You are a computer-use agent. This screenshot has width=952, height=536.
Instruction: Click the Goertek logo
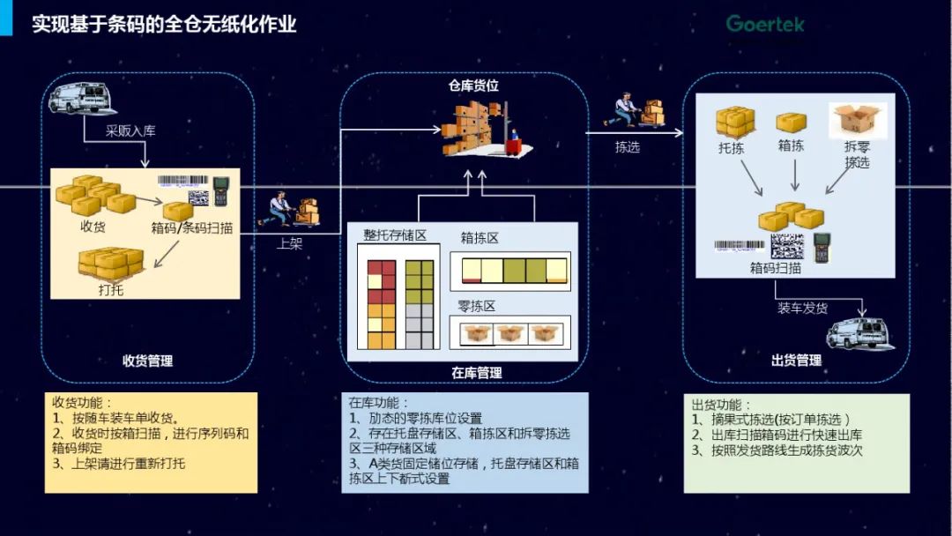(765, 24)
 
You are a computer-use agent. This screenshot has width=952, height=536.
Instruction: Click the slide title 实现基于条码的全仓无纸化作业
(164, 24)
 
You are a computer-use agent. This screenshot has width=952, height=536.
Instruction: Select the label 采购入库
(130, 131)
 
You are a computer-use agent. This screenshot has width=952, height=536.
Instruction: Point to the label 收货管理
(147, 361)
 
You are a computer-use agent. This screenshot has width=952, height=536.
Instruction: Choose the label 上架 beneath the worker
(289, 244)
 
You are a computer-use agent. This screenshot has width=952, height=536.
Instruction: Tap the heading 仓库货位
(473, 86)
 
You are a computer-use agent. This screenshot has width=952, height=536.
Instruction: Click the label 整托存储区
(395, 235)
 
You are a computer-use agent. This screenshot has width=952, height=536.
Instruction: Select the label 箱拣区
(480, 238)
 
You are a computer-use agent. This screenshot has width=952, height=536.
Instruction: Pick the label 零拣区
(477, 307)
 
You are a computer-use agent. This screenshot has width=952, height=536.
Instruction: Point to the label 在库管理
(477, 373)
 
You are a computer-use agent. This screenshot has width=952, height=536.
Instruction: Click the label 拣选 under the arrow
(628, 147)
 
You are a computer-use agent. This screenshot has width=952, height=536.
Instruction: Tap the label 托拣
(732, 148)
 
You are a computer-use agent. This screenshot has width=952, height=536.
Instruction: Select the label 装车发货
(802, 308)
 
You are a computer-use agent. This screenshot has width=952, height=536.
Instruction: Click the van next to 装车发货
(859, 332)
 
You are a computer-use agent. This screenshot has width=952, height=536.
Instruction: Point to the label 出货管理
(796, 361)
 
